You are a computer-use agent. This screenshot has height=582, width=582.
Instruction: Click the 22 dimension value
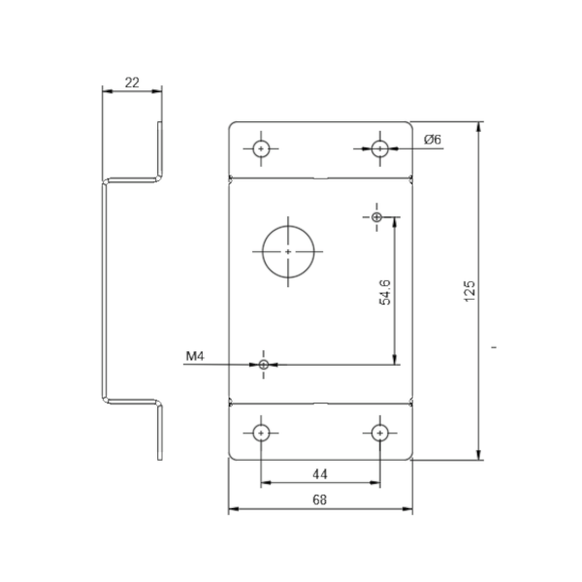point(132,82)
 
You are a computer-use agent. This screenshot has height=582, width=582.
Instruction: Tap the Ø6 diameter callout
point(433,140)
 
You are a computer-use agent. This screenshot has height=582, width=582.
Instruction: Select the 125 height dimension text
point(469,291)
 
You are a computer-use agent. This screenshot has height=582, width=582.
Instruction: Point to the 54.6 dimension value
point(385,292)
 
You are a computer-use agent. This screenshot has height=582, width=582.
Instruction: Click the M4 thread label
point(195,356)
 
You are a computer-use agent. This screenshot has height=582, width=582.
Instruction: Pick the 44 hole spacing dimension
point(320,474)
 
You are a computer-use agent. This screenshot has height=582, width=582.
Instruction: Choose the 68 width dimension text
point(320,500)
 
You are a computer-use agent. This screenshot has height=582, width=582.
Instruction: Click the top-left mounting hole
point(261,148)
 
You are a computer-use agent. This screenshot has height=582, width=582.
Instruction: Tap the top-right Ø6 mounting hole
point(379,148)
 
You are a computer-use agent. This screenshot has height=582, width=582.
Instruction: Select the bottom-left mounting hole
point(261,433)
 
